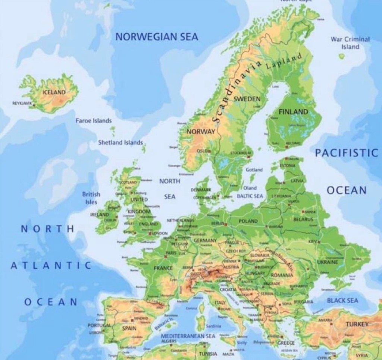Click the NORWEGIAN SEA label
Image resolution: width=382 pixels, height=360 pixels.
pyautogui.click(x=157, y=37)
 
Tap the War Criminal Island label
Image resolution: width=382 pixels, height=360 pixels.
pyautogui.click(x=350, y=43)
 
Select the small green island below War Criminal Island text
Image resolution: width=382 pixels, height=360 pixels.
pyautogui.click(x=341, y=56)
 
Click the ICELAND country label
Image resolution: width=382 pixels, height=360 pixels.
pyautogui.click(x=54, y=92)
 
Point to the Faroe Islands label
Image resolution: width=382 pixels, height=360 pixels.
pyautogui.click(x=93, y=121)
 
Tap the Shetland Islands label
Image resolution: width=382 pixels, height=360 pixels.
pyautogui.click(x=120, y=142)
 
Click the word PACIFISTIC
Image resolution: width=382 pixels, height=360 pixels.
pyautogui.click(x=347, y=153)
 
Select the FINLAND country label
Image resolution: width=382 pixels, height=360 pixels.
pyautogui.click(x=294, y=112)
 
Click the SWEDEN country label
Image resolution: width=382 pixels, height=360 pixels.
pyautogui.click(x=247, y=98)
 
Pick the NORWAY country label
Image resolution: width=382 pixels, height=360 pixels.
pyautogui.click(x=201, y=132)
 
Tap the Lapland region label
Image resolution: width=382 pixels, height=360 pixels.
pyautogui.click(x=284, y=61)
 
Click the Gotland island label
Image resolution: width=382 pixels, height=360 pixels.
pyautogui.click(x=254, y=170)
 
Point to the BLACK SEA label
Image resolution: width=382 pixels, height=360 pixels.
pyautogui.click(x=342, y=300)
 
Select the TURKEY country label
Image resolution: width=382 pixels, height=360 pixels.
pyautogui.click(x=357, y=324)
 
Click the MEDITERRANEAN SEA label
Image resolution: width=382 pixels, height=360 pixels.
pyautogui.click(x=188, y=336)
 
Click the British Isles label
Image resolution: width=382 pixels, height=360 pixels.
pyautogui.click(x=91, y=198)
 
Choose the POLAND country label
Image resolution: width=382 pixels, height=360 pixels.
pyautogui.click(x=248, y=221)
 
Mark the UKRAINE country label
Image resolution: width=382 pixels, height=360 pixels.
pyautogui.click(x=327, y=262)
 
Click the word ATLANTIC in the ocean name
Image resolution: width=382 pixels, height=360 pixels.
pyautogui.click(x=51, y=265)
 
